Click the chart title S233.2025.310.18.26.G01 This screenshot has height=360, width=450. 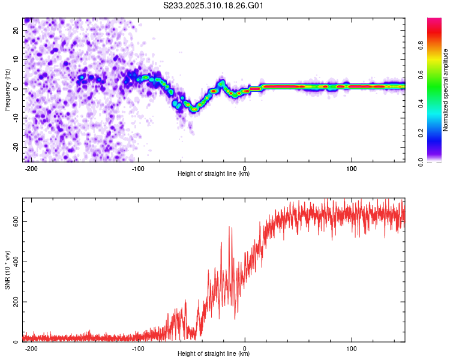(x=214, y=6)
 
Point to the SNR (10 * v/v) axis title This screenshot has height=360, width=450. (x=7, y=270)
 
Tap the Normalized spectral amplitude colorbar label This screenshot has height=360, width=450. (x=446, y=90)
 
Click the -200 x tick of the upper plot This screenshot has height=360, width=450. (x=31, y=168)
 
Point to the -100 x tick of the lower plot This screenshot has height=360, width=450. (x=137, y=348)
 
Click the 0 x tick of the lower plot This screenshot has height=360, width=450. (x=245, y=348)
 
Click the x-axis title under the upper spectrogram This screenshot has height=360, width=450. (x=214, y=174)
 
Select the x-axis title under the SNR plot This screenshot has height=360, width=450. (x=214, y=354)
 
